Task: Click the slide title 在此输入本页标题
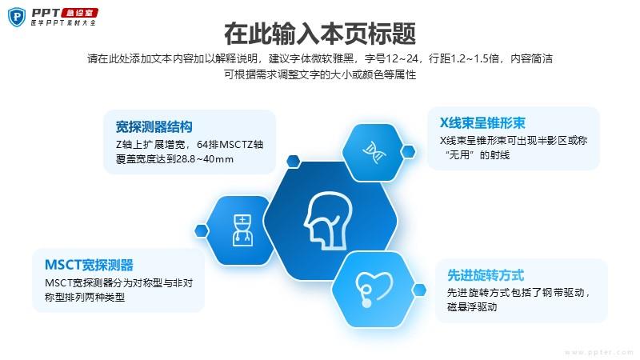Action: [x=320, y=34]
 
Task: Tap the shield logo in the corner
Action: [x=17, y=17]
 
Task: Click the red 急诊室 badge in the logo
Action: [x=79, y=13]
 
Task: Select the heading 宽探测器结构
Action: [x=154, y=127]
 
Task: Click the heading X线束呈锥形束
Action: [x=482, y=123]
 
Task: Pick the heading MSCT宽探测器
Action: [x=89, y=265]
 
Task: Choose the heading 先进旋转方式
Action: [x=486, y=275]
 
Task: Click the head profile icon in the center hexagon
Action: [x=328, y=221]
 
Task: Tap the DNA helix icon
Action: [x=374, y=152]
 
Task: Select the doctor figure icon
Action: [x=242, y=230]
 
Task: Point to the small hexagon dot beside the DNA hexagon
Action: [x=408, y=152]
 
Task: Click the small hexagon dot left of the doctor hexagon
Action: [x=202, y=230]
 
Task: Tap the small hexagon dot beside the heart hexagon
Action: [x=419, y=290]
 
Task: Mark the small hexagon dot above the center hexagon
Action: [x=293, y=162]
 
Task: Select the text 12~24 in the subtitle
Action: [x=402, y=58]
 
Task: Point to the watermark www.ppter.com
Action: [x=598, y=352]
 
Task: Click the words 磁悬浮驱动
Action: [x=472, y=307]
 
